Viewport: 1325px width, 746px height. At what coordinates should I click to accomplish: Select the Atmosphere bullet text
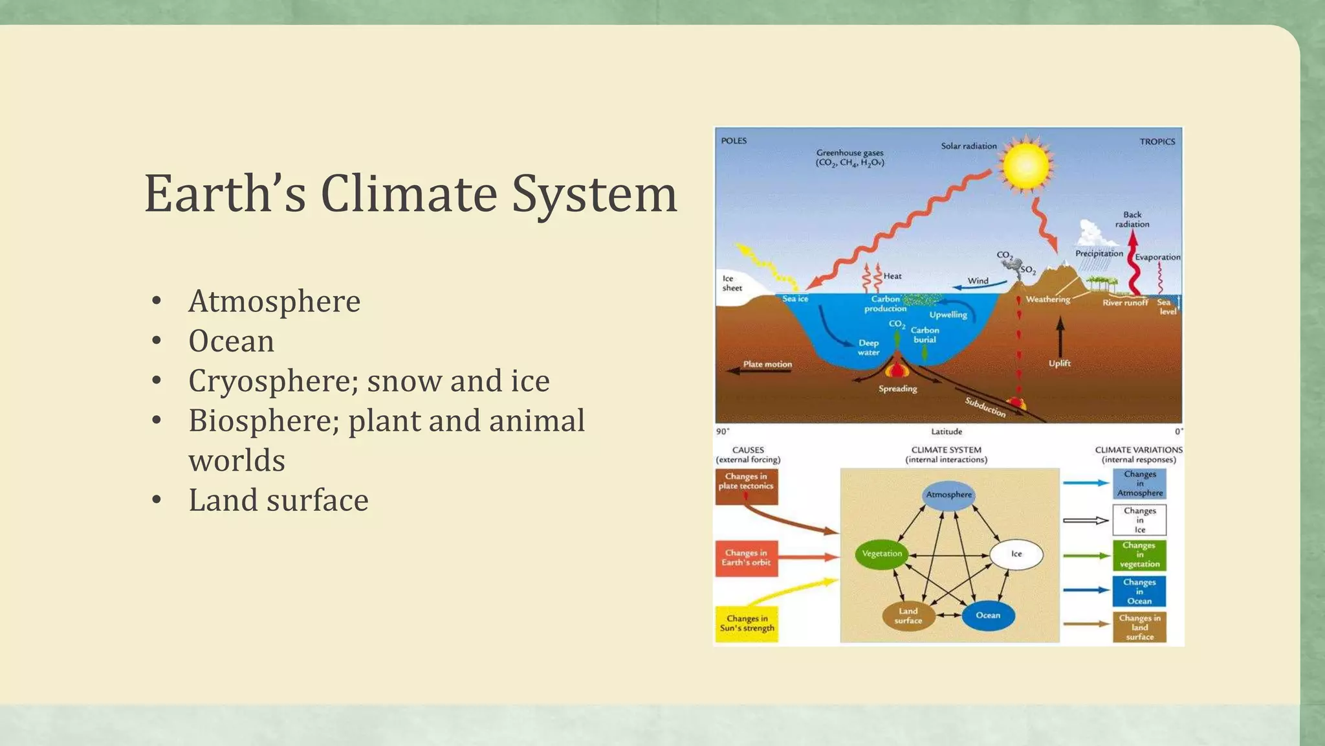[x=274, y=301]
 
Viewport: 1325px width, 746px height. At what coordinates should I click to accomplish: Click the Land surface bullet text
[x=278, y=500]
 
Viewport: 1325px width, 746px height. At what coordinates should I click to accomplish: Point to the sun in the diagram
[x=1025, y=164]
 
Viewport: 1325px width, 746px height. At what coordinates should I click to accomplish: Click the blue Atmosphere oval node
[x=948, y=495]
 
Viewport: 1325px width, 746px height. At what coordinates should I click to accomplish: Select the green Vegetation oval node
[x=881, y=554]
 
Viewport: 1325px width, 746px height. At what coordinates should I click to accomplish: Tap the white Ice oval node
[x=1016, y=554]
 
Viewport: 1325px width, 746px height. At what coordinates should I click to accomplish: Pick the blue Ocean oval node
[x=987, y=615]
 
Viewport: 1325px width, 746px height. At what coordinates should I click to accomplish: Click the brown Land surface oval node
[x=908, y=616]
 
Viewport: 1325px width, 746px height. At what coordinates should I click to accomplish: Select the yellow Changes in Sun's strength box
[x=747, y=624]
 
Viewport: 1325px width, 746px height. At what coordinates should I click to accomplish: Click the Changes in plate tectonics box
[x=746, y=485]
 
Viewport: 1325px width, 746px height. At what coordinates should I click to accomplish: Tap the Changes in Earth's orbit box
[x=746, y=558]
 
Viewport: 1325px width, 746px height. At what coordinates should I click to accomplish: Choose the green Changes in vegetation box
[x=1139, y=555]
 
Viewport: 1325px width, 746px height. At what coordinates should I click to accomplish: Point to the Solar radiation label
[x=969, y=146]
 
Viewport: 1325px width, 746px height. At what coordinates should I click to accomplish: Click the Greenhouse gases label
[x=849, y=158]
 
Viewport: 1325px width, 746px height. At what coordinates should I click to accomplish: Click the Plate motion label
[x=767, y=364]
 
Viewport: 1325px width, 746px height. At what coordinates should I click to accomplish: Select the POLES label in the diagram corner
[x=734, y=141]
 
